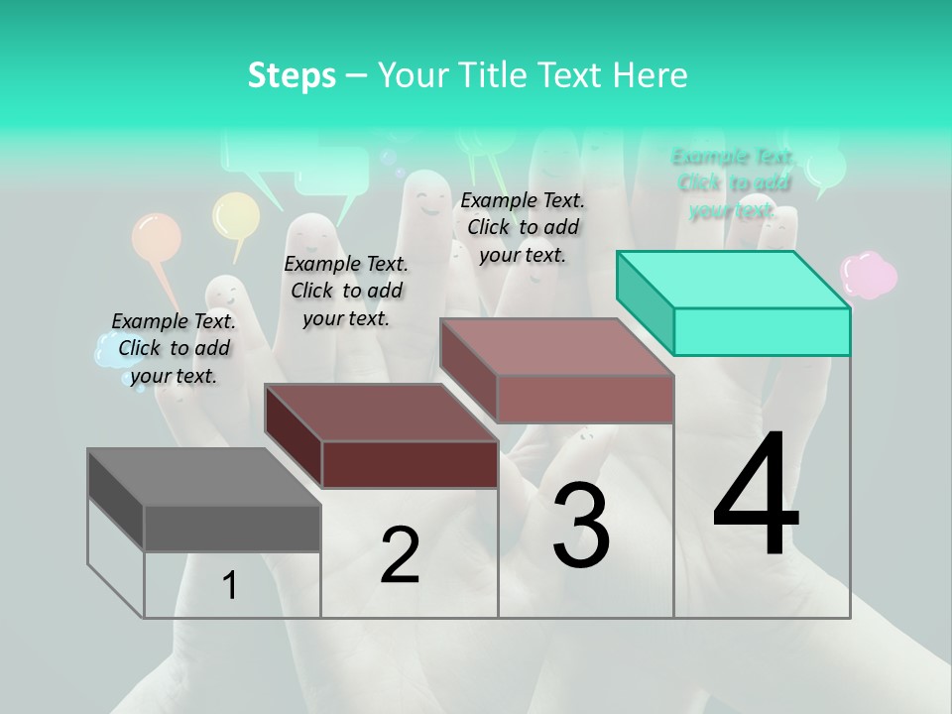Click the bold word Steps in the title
292,75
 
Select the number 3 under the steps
581,526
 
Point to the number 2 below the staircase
400,556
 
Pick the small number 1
230,586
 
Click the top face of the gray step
204,477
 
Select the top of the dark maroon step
381,413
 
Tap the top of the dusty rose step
557,348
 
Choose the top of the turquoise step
733,280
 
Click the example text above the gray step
174,348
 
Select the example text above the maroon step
346,291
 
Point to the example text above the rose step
523,227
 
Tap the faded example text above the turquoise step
733,182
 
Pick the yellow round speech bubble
236,215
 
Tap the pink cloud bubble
869,274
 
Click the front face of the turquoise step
762,331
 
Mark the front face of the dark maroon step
410,465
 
